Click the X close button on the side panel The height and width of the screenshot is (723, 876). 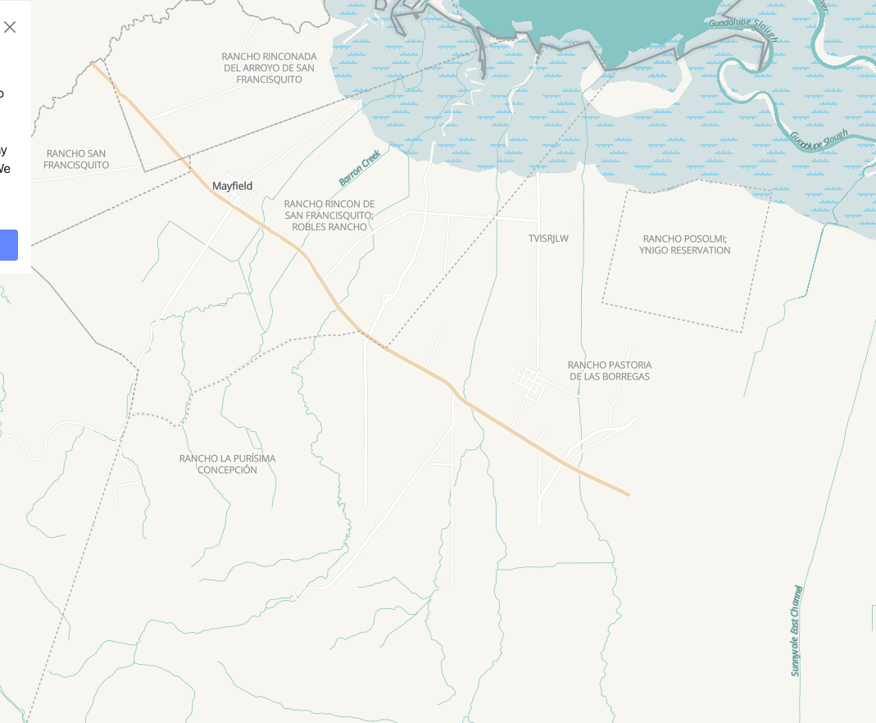coord(10,27)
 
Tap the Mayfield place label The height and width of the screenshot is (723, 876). coord(232,186)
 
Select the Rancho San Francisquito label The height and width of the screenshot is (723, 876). coord(76,159)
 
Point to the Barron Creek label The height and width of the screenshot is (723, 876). coord(360,167)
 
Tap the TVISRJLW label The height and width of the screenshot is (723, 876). coord(548,239)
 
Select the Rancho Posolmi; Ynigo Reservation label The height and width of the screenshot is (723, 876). coord(684,244)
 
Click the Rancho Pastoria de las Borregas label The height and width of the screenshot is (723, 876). coord(609,371)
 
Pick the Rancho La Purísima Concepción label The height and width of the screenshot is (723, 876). coord(227,464)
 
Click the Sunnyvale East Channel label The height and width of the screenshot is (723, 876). coord(796,630)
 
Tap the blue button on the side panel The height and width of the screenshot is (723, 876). coord(8,245)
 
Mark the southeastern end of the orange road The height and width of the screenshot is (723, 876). coord(628,494)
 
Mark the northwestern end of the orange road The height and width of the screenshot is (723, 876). coord(93,63)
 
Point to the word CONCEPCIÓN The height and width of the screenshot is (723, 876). coord(227,471)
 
